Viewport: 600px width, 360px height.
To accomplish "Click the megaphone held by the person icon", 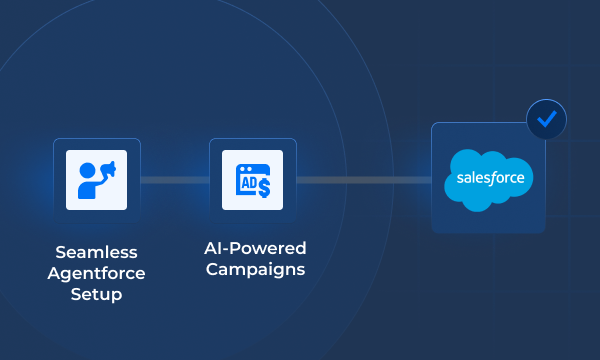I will (x=109, y=171).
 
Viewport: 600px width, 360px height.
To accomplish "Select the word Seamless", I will (x=96, y=252).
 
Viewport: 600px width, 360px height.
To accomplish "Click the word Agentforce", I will (x=96, y=273).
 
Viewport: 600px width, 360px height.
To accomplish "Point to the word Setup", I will (x=96, y=294).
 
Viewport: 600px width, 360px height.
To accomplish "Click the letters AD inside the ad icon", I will (x=246, y=184).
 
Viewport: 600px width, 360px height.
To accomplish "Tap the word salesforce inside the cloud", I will (x=489, y=179).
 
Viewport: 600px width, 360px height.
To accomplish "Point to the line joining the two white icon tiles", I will (x=175, y=180).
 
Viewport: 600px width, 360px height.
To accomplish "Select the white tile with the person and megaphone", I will (x=96, y=180).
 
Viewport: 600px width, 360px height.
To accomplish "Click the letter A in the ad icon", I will (x=241, y=184).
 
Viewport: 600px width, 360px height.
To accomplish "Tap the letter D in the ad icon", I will (x=250, y=184).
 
